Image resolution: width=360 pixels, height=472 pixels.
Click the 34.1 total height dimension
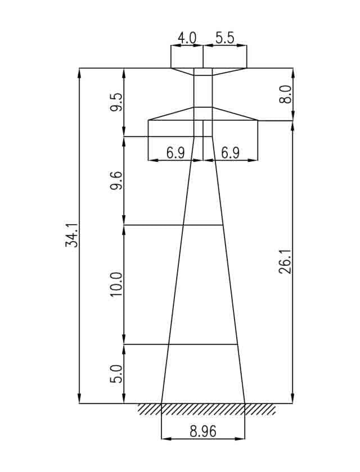point(71,235)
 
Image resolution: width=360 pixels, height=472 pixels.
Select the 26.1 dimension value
point(285,261)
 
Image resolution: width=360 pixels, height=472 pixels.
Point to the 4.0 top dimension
point(187,38)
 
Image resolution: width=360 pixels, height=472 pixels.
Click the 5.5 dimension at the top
point(225,38)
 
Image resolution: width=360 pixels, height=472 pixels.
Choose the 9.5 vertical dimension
point(116,102)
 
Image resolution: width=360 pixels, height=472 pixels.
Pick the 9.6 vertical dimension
point(116,180)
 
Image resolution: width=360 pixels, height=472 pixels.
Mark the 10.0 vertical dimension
point(116,284)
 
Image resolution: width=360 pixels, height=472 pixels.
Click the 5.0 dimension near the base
point(116,374)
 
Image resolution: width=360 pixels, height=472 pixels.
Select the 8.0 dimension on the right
point(285,94)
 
